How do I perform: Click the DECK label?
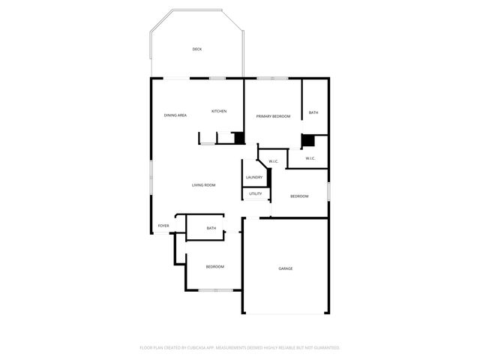click(196, 49)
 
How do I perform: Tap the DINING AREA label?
click(175, 115)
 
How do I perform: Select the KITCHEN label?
click(219, 111)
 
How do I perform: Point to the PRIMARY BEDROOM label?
click(273, 116)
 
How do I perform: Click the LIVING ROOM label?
click(204, 184)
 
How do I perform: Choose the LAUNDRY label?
click(253, 177)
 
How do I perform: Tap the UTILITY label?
click(256, 193)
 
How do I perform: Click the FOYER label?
click(163, 226)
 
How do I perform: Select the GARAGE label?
click(286, 268)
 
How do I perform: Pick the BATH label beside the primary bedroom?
click(313, 112)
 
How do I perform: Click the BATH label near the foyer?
click(211, 228)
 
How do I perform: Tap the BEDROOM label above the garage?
click(299, 196)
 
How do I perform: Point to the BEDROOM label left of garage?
click(215, 266)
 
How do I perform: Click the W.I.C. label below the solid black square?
click(310, 158)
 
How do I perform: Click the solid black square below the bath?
click(307, 140)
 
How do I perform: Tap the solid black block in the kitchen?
click(239, 138)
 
